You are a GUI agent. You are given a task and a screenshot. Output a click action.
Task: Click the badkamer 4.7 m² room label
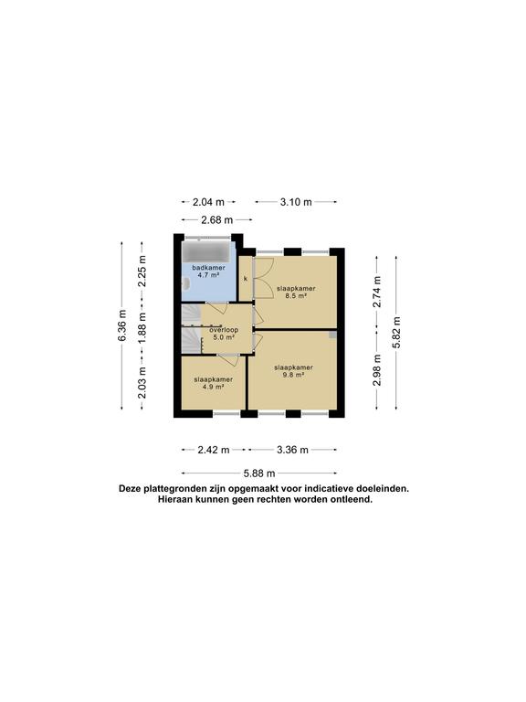208,271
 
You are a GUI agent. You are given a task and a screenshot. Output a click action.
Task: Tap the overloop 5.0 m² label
224,334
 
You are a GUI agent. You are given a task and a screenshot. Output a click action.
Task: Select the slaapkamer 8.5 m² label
296,292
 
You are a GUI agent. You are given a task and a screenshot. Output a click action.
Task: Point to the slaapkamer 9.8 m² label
293,371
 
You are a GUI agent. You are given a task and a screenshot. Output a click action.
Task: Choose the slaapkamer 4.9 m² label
214,383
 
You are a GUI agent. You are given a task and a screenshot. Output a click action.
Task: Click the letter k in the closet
246,279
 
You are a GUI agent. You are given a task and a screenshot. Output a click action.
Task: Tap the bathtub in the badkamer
208,250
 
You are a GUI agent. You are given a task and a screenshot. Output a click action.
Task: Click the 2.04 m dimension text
208,202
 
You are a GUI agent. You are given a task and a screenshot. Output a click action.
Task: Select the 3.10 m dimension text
296,202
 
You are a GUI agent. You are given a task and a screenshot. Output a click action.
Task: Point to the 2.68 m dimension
217,219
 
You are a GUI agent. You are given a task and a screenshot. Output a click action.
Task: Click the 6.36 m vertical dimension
122,325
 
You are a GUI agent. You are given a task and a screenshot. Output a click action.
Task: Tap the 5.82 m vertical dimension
396,332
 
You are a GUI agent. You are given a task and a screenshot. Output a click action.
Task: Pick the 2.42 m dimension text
214,450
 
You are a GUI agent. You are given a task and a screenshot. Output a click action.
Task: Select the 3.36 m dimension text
292,450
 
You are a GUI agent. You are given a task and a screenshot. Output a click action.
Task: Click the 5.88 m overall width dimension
259,473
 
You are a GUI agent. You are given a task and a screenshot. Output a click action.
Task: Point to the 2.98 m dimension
377,370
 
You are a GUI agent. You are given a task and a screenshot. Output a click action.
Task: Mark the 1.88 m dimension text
142,328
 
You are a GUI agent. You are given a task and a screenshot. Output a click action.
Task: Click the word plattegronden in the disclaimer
170,488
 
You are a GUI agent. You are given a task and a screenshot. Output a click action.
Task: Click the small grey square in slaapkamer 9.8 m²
332,335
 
